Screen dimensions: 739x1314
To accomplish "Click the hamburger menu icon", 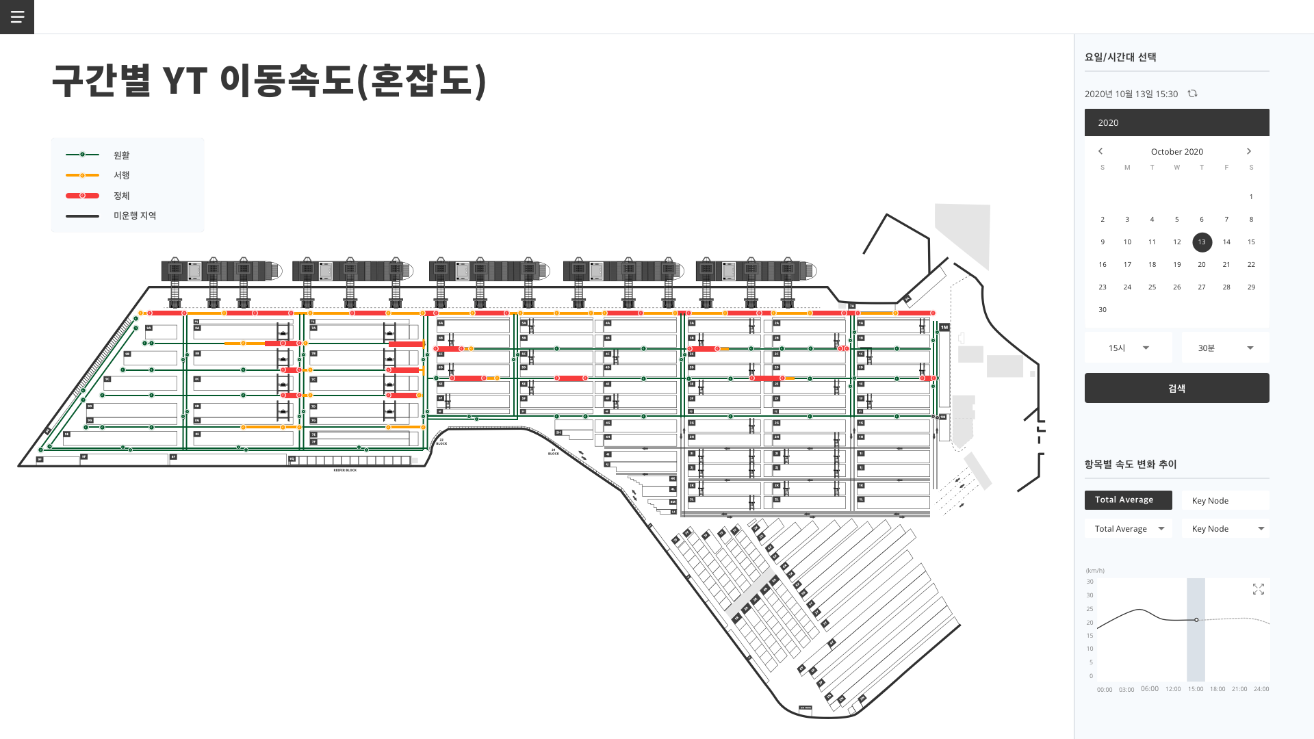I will pos(17,17).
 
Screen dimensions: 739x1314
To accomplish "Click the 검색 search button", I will pos(1176,388).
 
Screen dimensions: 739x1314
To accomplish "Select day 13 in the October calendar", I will pos(1202,242).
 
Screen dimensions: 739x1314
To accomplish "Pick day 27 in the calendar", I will pos(1202,287).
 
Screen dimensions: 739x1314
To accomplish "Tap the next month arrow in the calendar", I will pos(1249,151).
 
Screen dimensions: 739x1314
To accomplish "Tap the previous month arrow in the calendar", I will pos(1100,151).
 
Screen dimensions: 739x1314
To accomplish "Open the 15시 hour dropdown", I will pos(1129,348).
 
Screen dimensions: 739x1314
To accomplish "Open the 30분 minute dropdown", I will pos(1225,348).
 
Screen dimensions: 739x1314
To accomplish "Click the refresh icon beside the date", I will pos(1193,94).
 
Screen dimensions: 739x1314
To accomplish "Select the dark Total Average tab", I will pos(1128,500).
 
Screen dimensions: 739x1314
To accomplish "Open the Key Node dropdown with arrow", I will pos(1225,529).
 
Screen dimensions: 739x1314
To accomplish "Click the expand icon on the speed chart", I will pos(1258,589).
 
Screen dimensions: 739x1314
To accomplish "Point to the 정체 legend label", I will pos(122,196).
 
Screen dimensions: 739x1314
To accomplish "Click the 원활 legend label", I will pos(122,155).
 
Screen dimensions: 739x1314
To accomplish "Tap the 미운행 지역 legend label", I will pos(135,216).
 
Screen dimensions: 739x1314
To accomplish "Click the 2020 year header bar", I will pos(1176,122).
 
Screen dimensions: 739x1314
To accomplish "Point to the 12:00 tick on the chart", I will pos(1173,689).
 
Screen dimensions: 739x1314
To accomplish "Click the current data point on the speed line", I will pos(1196,620).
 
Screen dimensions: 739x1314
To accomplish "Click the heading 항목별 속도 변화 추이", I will pos(1131,464).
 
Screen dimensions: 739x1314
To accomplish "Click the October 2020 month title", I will pos(1176,152).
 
